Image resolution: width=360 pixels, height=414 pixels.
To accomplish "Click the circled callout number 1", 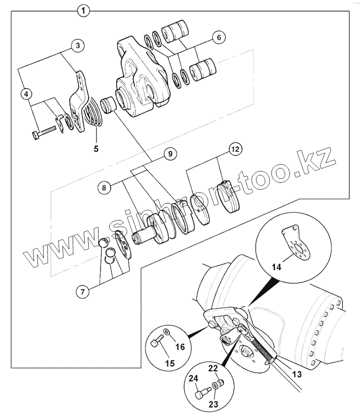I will coord(83,10).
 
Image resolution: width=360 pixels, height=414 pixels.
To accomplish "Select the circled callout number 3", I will coord(78,45).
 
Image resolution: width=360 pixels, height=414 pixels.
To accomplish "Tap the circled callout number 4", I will coord(27,94).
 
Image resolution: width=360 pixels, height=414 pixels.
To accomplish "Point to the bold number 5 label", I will coord(96,149).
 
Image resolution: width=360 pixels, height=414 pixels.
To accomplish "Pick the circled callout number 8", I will coord(104,188).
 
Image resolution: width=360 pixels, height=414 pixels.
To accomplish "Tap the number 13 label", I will coord(297,374).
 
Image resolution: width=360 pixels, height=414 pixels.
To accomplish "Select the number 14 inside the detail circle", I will coord(276,267).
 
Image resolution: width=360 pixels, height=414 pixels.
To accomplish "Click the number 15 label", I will coord(170,363).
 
